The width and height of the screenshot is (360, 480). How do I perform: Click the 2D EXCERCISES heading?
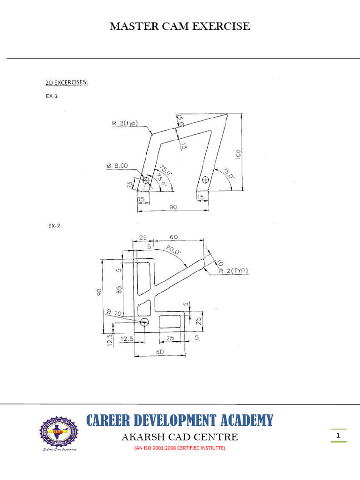67,83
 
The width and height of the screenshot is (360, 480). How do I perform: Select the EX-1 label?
52,95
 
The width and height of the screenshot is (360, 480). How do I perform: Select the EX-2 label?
54,225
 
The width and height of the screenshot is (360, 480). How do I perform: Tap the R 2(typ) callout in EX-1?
125,123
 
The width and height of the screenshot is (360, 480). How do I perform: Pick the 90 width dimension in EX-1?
173,206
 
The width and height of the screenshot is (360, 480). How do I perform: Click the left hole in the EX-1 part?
146,180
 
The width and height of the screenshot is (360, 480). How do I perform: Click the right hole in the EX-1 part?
205,179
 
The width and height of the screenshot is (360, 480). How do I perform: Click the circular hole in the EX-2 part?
144,322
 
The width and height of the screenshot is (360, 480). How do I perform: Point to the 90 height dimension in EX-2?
99,292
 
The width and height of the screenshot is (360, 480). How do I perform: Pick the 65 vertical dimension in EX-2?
120,289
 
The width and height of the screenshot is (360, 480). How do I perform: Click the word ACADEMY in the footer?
244,420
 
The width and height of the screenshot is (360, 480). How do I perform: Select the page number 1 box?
338,436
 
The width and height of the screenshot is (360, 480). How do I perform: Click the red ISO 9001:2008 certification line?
180,448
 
